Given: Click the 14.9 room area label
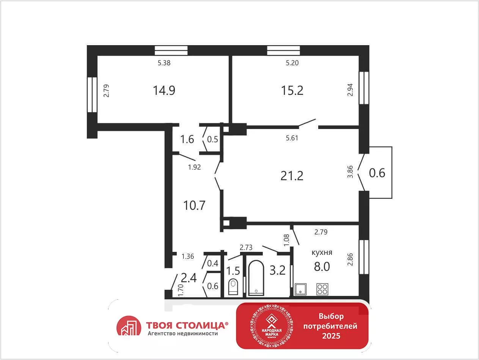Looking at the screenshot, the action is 164,90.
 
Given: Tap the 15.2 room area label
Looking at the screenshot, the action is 292,90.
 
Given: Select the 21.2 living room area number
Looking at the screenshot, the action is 292,176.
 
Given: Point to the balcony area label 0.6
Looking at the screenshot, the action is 377,173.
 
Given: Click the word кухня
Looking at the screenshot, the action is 322,252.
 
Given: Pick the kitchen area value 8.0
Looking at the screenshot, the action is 322,266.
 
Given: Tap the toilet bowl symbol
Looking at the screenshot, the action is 233,287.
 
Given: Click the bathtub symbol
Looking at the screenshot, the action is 256,278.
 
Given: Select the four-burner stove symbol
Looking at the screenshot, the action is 322,289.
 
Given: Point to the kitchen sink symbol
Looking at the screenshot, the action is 300,289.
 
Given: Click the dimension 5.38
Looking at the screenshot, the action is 164,63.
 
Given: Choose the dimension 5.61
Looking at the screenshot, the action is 292,138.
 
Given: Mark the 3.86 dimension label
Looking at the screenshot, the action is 350,172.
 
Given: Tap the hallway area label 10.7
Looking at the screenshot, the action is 195,206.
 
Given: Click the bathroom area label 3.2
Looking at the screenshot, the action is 278,270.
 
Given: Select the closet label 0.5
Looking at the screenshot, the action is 212,140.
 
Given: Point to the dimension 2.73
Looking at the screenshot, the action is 246,247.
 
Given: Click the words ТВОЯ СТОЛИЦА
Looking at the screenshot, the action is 187,325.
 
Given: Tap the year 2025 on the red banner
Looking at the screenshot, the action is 331,336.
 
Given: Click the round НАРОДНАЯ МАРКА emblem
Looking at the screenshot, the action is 272,326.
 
